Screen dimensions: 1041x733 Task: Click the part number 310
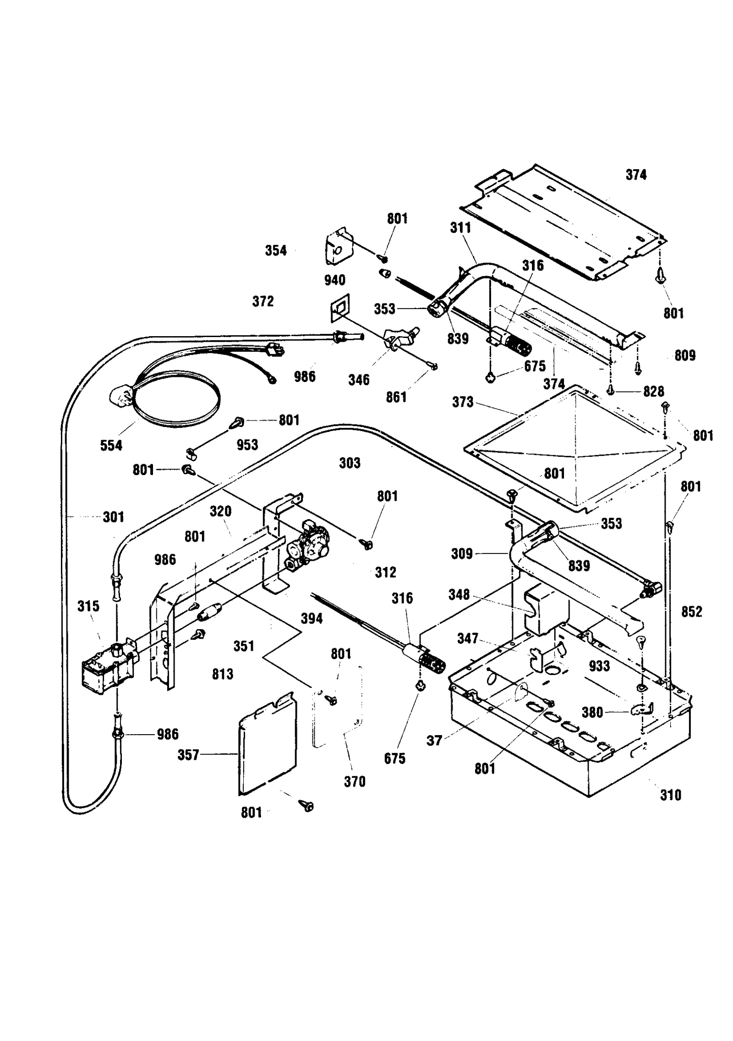pyautogui.click(x=670, y=795)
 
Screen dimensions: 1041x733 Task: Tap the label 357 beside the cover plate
pyautogui.click(x=188, y=754)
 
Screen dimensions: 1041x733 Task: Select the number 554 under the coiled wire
pyautogui.click(x=111, y=445)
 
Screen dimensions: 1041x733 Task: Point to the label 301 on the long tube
pyautogui.click(x=113, y=517)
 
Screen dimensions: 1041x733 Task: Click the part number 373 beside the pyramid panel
pyautogui.click(x=462, y=402)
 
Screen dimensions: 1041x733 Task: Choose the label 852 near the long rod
pyautogui.click(x=691, y=611)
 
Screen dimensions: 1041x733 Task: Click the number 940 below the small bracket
pyautogui.click(x=334, y=280)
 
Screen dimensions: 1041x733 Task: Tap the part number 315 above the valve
pyautogui.click(x=88, y=606)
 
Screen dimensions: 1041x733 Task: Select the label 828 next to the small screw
pyautogui.click(x=653, y=391)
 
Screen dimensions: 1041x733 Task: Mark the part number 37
pyautogui.click(x=434, y=740)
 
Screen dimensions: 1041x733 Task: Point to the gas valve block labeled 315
pyautogui.click(x=108, y=670)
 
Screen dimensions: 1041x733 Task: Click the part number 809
pyautogui.click(x=685, y=355)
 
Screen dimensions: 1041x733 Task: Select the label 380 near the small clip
pyautogui.click(x=592, y=712)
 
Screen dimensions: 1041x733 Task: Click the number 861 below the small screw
pyautogui.click(x=396, y=397)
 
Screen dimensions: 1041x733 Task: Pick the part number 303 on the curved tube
pyautogui.click(x=350, y=463)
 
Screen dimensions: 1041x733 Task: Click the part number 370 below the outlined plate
pyautogui.click(x=355, y=781)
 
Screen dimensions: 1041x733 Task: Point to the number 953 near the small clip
pyautogui.click(x=247, y=444)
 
